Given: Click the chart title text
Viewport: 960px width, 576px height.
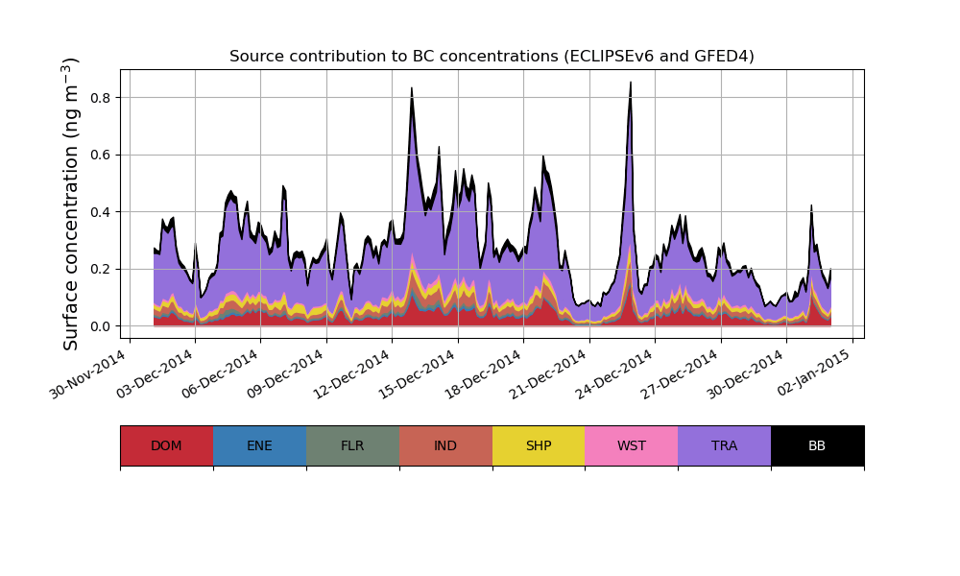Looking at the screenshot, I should pos(492,57).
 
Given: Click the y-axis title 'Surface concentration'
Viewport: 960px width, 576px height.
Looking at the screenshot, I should pos(71,204).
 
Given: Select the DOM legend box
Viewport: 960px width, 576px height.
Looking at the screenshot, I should pos(166,445).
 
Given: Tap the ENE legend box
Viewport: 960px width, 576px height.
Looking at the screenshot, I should pos(259,445).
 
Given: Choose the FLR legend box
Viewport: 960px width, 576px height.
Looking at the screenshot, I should pos(352,445).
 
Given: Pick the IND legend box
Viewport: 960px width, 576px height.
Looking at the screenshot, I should pos(445,445).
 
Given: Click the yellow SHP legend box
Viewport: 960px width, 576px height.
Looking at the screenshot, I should pos(539,445).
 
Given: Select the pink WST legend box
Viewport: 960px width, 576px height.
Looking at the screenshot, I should pos(632,445).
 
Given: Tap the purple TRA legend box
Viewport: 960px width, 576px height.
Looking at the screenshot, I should pos(725,445).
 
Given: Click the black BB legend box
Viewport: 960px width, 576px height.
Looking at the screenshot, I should pos(817,445).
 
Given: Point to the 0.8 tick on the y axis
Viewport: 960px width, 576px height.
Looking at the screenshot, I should pos(100,98).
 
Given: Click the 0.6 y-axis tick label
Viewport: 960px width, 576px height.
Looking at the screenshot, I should pos(100,155).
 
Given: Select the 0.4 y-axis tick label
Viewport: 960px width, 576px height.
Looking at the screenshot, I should pos(100,212).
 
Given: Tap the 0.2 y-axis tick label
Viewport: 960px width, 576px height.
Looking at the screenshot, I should pos(100,269).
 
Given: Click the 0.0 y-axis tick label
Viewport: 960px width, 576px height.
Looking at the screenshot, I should pos(100,326).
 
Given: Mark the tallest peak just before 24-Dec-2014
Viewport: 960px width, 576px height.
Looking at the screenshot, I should pos(631,83).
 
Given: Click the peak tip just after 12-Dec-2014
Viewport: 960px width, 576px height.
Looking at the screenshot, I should pos(412,88).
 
